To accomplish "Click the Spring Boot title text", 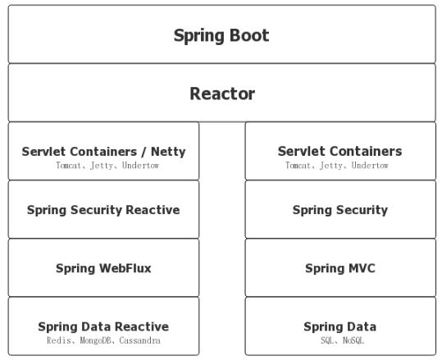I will (221, 35).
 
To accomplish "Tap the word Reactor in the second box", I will (221, 93).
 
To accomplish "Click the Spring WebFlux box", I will (103, 268).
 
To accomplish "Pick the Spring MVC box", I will (339, 268).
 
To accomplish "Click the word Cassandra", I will (140, 339).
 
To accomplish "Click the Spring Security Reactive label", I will (103, 209).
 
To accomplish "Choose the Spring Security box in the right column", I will (339, 209).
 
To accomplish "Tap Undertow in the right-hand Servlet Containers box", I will (369, 165).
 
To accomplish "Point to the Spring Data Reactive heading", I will (103, 326).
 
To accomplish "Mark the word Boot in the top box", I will (249, 35).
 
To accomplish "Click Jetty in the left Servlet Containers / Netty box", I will (103, 165).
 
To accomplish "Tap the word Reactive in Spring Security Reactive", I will (153, 209).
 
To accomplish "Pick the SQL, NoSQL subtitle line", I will (339, 339).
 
